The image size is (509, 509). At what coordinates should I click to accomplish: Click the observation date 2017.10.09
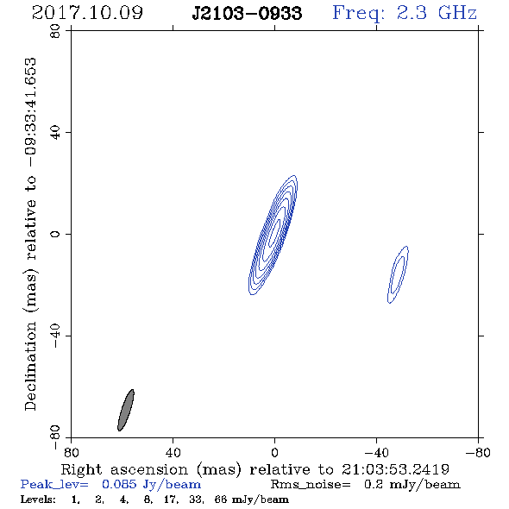pos(87,13)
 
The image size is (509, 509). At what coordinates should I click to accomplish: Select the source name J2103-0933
pos(247,13)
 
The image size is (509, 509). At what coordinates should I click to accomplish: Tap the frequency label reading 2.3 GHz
pos(437,13)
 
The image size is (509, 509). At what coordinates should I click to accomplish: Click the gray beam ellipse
pos(126,410)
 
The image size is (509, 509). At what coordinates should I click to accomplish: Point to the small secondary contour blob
pos(398,274)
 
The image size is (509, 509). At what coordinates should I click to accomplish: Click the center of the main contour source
pos(273,235)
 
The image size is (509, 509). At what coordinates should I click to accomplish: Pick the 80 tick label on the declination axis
pos(55,31)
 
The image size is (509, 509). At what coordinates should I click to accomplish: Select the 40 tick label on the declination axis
pos(55,133)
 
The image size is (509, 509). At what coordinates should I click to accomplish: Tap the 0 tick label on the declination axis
pos(55,234)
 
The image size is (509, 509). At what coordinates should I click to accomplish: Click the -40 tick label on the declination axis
pos(55,336)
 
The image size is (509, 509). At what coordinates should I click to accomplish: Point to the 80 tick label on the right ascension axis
pos(71,452)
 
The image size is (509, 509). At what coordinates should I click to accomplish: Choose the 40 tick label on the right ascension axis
pos(173,452)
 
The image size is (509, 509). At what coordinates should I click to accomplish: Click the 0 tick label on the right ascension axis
pos(274,452)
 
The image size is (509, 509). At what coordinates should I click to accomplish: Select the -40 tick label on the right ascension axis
pos(376,452)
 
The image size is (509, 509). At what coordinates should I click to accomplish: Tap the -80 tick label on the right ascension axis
pos(478,452)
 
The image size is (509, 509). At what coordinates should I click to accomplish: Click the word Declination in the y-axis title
pos(30,366)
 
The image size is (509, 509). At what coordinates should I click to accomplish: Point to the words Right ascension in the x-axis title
pos(124,469)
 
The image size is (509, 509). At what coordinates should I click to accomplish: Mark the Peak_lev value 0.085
pos(119,484)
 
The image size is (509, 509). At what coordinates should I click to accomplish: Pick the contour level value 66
pos(220,499)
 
